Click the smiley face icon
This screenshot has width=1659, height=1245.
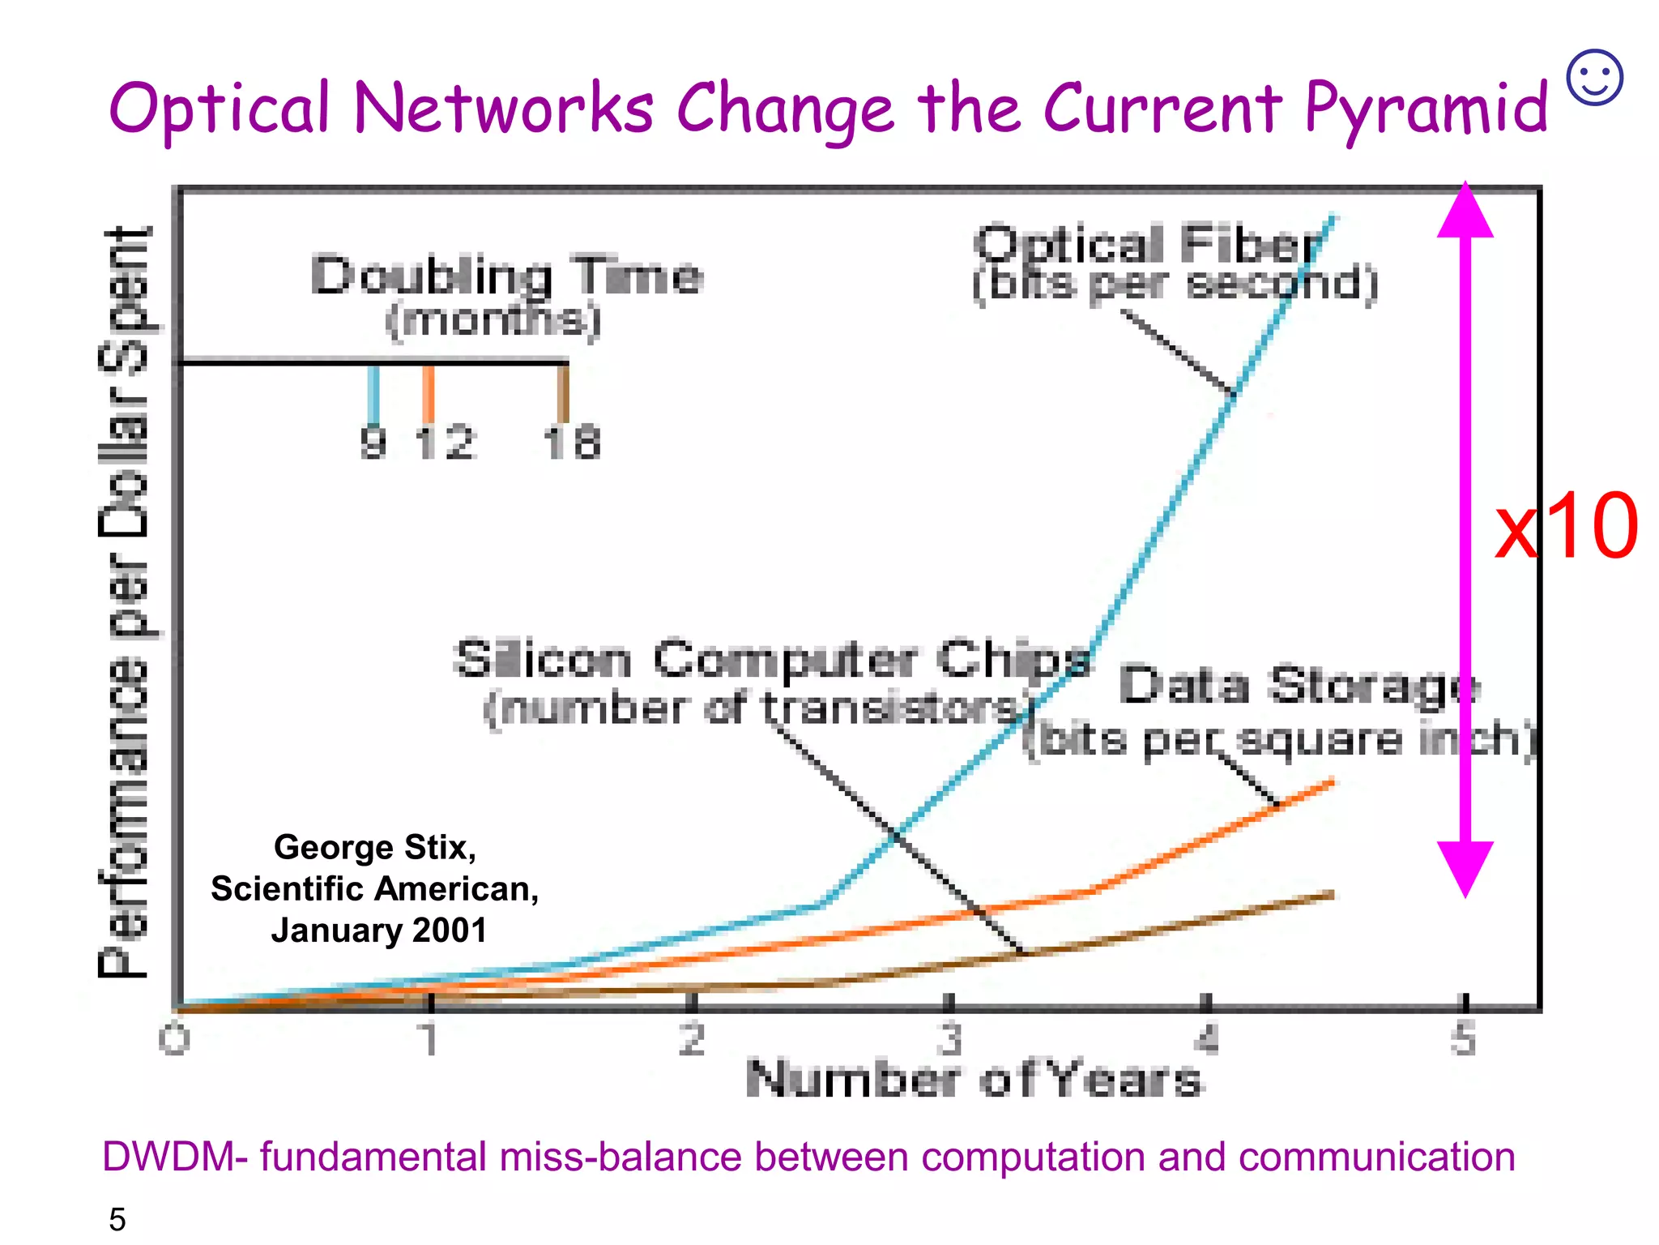(x=1594, y=78)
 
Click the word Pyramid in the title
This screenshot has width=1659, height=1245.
(x=1426, y=109)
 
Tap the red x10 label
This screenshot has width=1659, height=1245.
(x=1566, y=527)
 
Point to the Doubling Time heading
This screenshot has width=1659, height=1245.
(x=506, y=276)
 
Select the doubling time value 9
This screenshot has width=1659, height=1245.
(x=373, y=443)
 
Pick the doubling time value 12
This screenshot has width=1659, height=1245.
(x=445, y=443)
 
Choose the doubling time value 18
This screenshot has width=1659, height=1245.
(x=572, y=443)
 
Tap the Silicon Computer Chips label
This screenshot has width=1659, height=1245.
(x=772, y=659)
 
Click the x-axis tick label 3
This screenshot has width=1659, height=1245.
(x=949, y=1039)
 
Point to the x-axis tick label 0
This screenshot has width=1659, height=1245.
(x=174, y=1039)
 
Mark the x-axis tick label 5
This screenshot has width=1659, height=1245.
(x=1463, y=1039)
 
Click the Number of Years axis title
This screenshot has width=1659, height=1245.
(x=974, y=1080)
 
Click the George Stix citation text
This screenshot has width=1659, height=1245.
(x=375, y=888)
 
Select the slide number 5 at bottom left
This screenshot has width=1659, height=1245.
(x=117, y=1219)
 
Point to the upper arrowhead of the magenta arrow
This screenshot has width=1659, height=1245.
(x=1465, y=212)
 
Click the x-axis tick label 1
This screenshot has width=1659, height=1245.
(x=429, y=1039)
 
